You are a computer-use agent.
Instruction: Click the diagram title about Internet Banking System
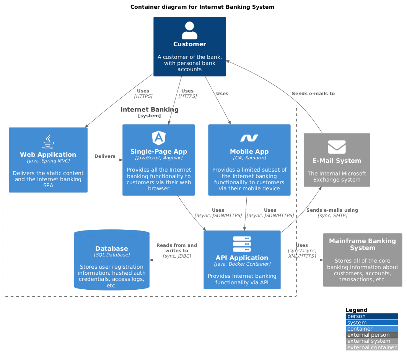click(202, 7)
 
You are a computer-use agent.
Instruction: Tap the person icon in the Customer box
click(189, 31)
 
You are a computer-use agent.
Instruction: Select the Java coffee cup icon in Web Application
click(48, 141)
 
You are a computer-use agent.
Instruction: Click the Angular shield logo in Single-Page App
click(158, 138)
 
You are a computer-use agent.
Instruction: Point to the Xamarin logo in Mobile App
click(249, 138)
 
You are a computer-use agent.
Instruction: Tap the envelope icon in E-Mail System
click(337, 147)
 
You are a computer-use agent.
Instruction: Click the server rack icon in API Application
click(242, 244)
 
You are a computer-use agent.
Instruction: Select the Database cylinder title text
click(111, 248)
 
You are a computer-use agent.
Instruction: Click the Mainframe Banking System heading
click(362, 244)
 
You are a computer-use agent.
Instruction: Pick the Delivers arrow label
click(105, 156)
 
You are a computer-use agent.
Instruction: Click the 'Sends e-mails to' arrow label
click(313, 93)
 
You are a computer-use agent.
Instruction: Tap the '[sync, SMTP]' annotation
click(332, 216)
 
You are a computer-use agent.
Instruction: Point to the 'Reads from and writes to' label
click(177, 248)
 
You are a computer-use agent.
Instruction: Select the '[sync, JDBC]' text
click(177, 256)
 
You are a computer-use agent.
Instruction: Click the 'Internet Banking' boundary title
click(149, 110)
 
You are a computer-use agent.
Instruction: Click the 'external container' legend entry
click(371, 347)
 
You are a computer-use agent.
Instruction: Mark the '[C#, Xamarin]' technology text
click(249, 157)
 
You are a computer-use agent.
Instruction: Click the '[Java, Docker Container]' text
click(242, 264)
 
